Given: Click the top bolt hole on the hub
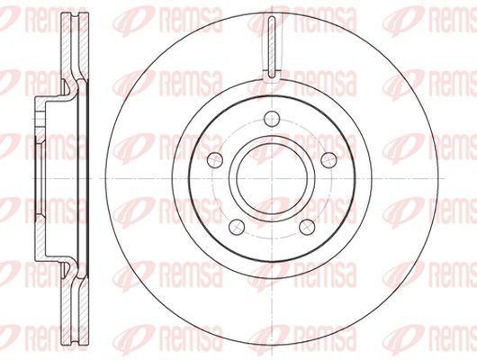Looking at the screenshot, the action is point(272,119).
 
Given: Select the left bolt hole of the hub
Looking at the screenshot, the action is point(215,160).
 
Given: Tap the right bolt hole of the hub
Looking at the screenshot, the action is point(329,160).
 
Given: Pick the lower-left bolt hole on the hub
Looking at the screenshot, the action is point(237,227).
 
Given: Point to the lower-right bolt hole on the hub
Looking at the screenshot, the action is point(307,227).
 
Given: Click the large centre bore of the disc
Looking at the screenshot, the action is point(272,178).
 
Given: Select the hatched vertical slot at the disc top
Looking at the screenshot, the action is point(272,46).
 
